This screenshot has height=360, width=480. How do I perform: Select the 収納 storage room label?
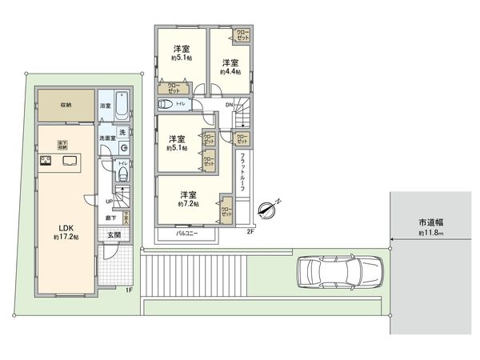pyautogui.click(x=66, y=105)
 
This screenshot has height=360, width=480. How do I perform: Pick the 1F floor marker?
pyautogui.click(x=129, y=290)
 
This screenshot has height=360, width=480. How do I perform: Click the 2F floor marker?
pyautogui.click(x=250, y=232)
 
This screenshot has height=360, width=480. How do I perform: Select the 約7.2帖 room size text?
pyautogui.click(x=188, y=204)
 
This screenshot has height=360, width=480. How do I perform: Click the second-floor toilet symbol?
pyautogui.click(x=167, y=104)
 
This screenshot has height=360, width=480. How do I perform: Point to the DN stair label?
pyautogui.click(x=229, y=104)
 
